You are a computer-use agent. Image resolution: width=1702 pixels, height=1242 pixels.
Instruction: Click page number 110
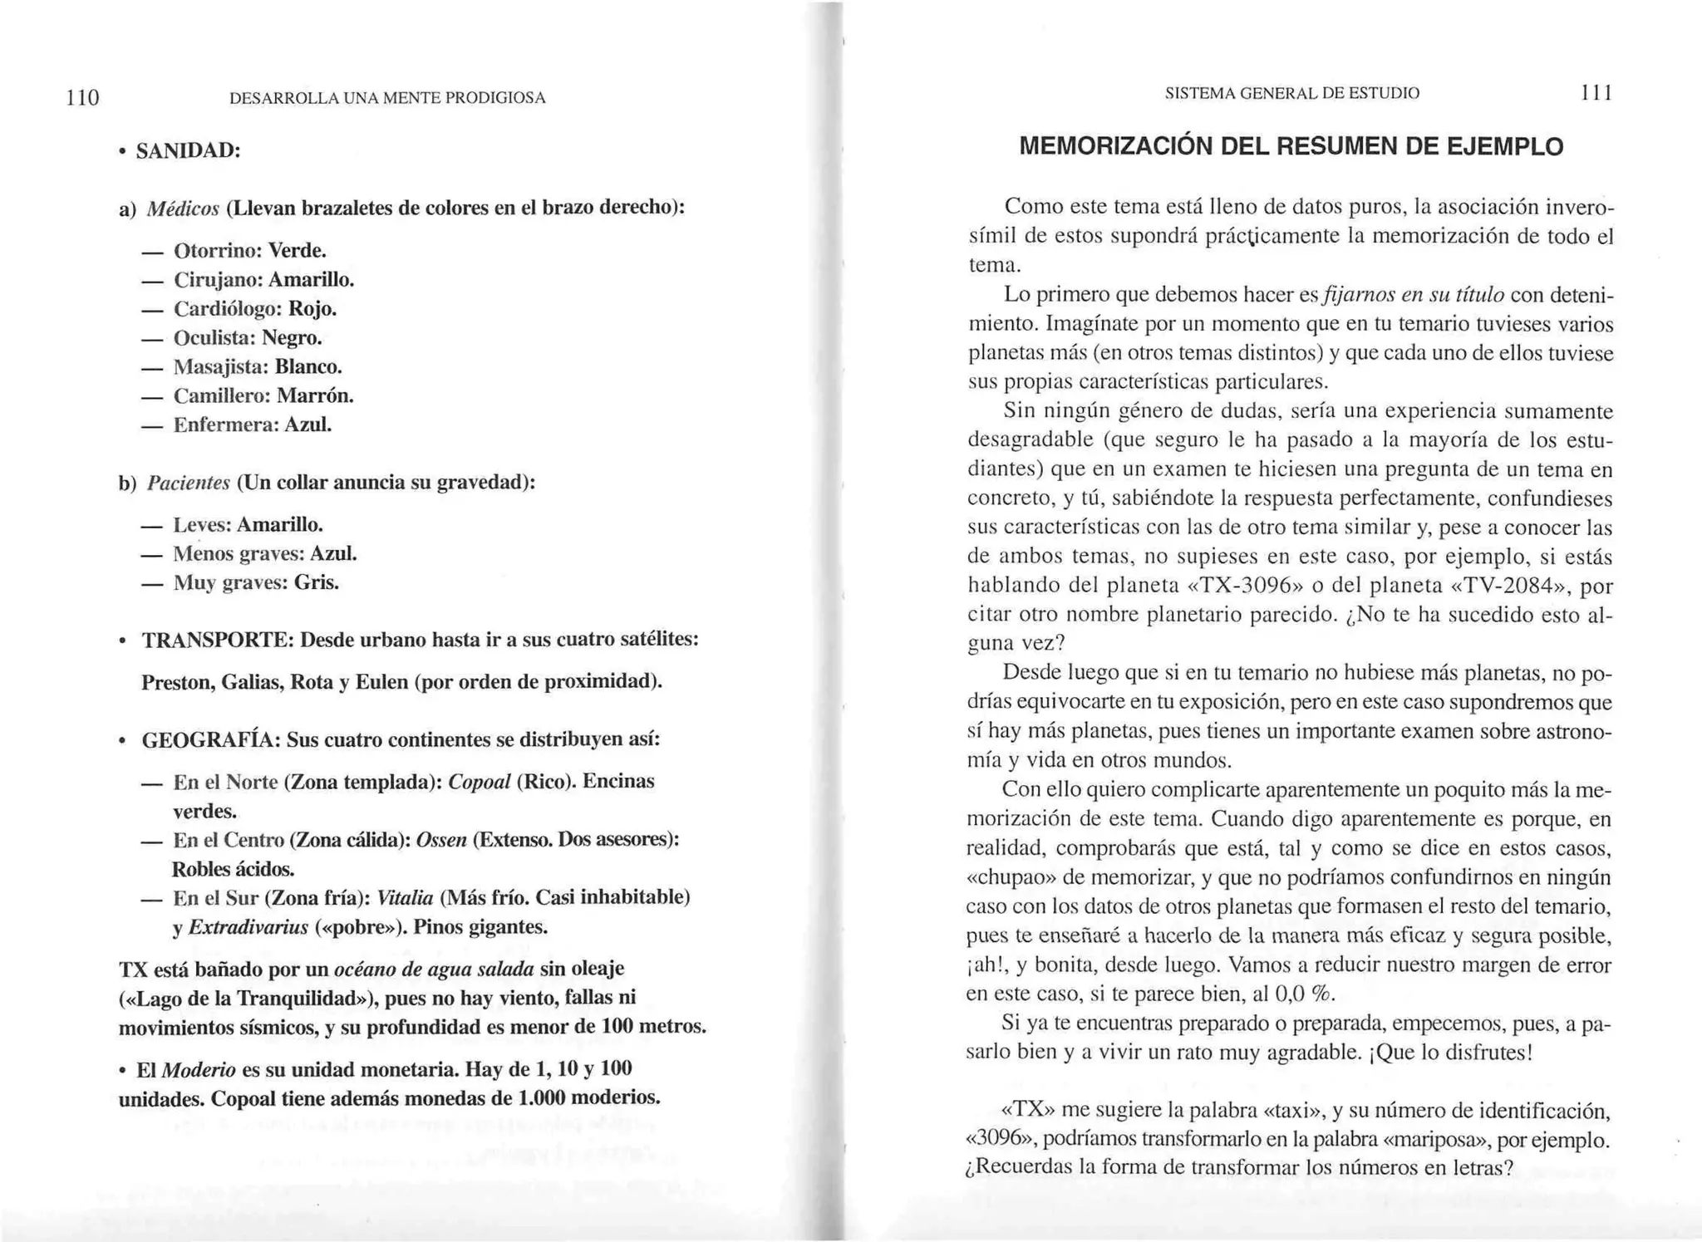[83, 98]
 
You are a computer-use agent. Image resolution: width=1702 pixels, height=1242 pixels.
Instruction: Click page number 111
[1596, 93]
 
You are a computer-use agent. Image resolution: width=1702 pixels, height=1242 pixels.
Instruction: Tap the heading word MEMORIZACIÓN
[1114, 147]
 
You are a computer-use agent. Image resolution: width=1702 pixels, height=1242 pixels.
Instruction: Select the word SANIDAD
[188, 151]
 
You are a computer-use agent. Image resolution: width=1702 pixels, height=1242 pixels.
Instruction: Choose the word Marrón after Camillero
[315, 396]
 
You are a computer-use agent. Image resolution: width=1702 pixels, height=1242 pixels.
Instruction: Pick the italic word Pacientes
[188, 484]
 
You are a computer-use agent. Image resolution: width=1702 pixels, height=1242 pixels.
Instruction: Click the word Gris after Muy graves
[317, 583]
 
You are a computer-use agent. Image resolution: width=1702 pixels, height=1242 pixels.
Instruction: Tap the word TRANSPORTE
[218, 641]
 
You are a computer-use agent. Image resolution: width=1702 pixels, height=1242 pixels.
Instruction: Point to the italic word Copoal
[479, 783]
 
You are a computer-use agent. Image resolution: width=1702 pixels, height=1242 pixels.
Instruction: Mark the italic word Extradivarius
[248, 928]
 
